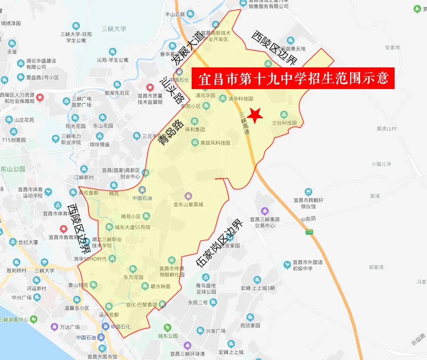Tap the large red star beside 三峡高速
(x=254, y=114)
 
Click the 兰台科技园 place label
(x=285, y=123)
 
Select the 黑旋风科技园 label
(x=215, y=143)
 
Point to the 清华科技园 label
(x=241, y=99)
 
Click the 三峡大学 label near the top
(x=114, y=29)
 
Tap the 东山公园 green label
(x=12, y=169)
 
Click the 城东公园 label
(x=168, y=336)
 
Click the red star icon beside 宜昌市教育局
(x=63, y=229)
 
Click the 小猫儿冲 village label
(x=381, y=164)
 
